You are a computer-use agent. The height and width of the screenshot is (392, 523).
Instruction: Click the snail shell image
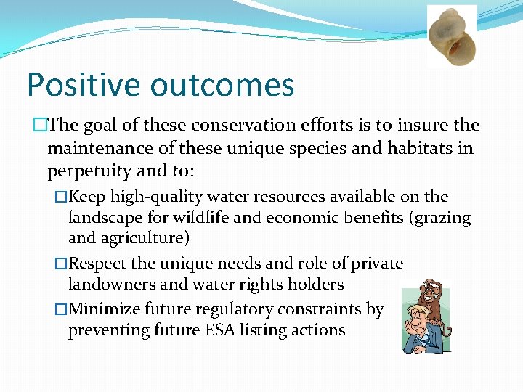452,36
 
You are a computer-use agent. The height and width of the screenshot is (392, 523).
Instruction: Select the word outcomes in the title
222,85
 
